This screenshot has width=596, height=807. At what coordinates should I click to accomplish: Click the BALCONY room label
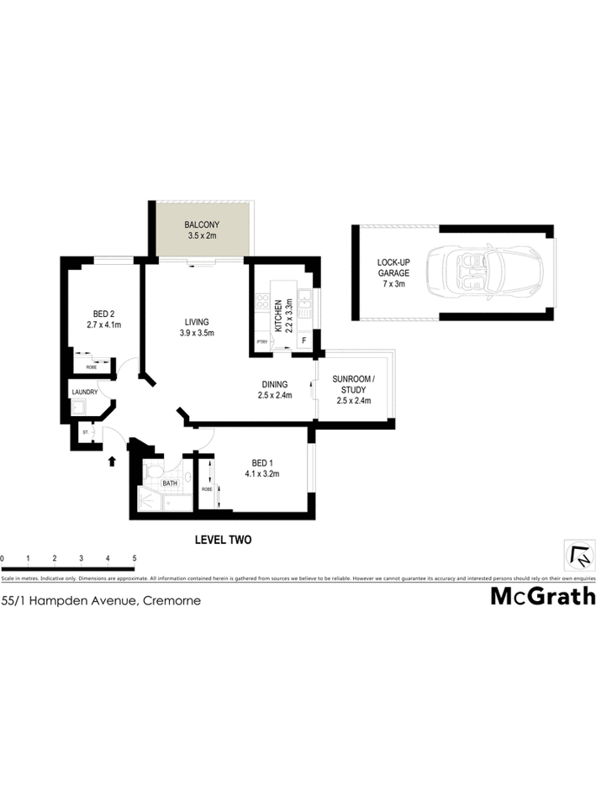coord(202,229)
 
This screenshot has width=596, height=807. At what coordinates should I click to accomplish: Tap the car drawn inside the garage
coord(483,272)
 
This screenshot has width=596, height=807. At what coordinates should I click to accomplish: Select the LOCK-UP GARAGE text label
coord(393,273)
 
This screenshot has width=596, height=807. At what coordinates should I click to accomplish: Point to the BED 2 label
coord(103,319)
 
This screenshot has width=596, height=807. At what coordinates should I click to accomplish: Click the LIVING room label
coord(198,327)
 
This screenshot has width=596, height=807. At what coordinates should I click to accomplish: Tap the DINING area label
coord(275,390)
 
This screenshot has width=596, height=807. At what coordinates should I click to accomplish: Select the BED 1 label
coord(261,468)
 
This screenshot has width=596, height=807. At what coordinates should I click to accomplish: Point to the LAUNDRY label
coord(85,392)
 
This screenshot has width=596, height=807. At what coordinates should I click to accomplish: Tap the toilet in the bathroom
coord(153,473)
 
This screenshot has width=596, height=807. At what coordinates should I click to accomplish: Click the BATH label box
coord(170,483)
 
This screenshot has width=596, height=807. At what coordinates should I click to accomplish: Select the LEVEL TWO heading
coord(223,540)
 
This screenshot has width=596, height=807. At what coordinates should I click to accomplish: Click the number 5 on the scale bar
coord(134,558)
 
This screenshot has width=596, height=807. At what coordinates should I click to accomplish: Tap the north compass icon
coord(580,555)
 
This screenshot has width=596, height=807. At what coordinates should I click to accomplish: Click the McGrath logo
coord(542,597)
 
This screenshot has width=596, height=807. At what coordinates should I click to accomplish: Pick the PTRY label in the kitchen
coord(261,341)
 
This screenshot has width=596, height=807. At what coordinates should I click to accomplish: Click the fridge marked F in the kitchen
coord(303,341)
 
